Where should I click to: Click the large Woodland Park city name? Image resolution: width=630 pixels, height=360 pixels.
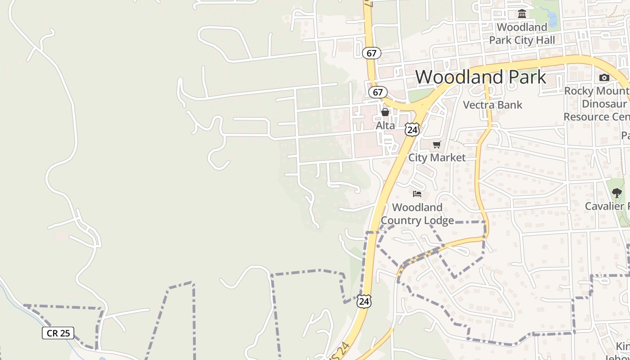[x=480, y=77]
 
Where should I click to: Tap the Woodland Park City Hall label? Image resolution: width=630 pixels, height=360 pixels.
[x=522, y=34]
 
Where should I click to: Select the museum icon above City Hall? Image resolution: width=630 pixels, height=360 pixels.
[x=522, y=14]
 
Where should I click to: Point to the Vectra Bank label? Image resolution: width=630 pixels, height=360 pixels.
[x=493, y=105]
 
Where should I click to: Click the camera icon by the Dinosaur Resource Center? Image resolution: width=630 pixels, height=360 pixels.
[x=604, y=77]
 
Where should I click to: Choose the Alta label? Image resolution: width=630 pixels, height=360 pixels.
[x=386, y=126]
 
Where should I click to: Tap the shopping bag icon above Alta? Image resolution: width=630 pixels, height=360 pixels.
[x=385, y=112]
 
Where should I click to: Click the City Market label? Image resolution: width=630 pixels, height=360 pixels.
[x=436, y=157]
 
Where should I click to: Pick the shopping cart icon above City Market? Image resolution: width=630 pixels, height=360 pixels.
[x=436, y=144]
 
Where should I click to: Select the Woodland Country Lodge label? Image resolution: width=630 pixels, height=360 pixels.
[x=417, y=214]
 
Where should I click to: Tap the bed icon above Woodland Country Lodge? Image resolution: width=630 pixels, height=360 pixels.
[x=417, y=194]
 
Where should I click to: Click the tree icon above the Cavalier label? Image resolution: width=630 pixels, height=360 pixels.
[x=616, y=193]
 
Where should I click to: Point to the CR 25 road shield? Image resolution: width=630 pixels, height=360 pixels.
[x=58, y=333]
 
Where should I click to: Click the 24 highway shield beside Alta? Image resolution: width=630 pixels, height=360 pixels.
[x=412, y=130]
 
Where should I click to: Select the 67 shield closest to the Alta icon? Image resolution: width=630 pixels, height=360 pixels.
[x=378, y=92]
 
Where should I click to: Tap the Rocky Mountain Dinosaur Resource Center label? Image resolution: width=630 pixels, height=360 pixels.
[x=596, y=104]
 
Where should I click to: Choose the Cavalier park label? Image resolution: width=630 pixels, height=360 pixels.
[x=607, y=206]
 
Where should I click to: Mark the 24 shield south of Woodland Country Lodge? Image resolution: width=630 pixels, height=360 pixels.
[x=364, y=301]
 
